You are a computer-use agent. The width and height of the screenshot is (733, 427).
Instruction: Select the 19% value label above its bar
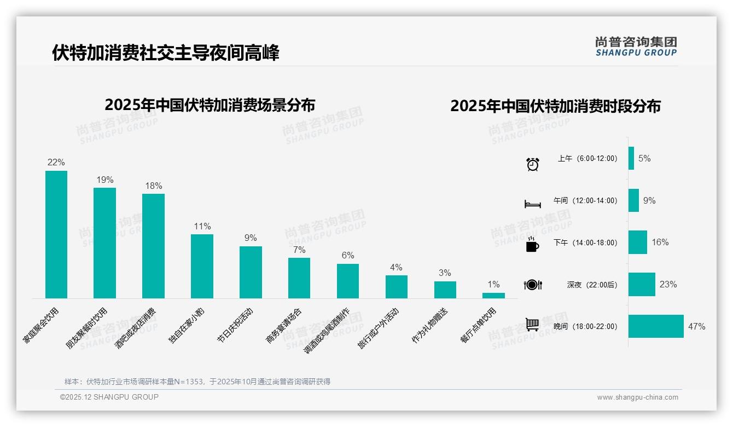tap(105, 180)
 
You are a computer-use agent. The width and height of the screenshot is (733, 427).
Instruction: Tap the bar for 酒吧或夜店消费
tap(153, 246)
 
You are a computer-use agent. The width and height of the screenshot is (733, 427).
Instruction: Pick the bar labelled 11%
tap(202, 266)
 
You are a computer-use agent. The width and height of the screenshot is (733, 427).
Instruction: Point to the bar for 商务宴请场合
tap(299, 278)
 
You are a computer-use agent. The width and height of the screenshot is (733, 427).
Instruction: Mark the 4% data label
tap(396, 267)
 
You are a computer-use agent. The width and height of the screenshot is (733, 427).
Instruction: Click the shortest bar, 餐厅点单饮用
tap(493, 296)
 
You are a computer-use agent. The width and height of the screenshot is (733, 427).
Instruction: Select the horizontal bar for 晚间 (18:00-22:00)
tap(656, 326)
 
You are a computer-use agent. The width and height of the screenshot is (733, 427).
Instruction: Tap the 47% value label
tap(696, 326)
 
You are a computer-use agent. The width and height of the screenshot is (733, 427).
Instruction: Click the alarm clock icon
tap(533, 164)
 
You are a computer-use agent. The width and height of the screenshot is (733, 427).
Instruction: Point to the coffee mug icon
tap(532, 245)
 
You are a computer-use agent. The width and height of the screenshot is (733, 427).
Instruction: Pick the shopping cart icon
tap(532, 325)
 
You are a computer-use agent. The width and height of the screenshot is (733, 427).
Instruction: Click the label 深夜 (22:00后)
tap(592, 285)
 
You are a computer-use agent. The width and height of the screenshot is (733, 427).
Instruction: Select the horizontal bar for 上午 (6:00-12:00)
tap(631, 158)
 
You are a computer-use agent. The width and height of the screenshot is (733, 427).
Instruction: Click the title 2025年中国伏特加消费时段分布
tap(555, 106)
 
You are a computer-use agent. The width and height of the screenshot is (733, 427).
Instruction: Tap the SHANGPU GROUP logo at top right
tap(636, 47)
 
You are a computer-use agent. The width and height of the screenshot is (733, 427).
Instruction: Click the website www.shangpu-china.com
tap(637, 397)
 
